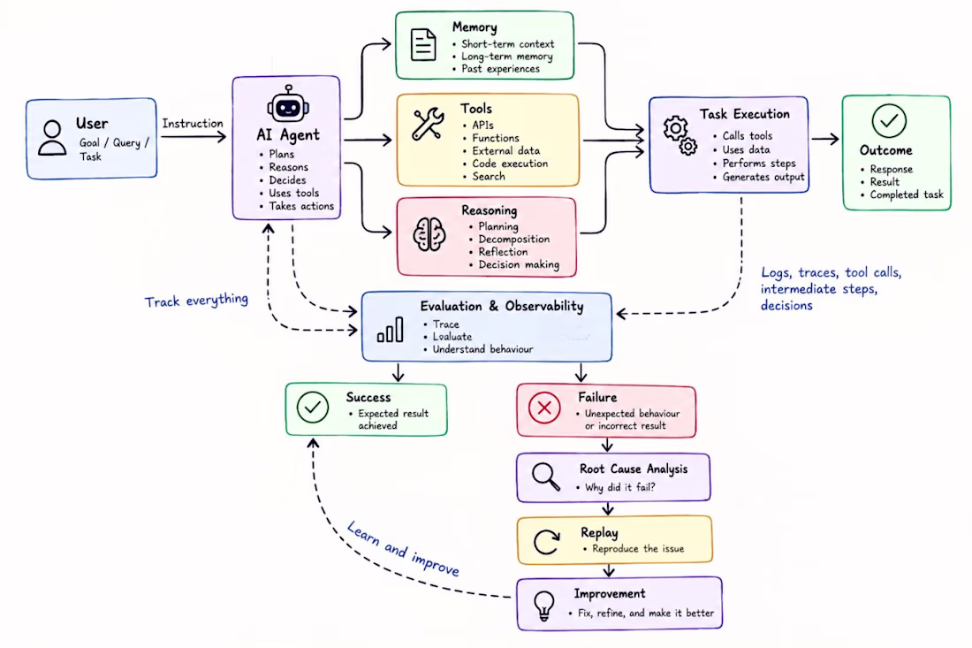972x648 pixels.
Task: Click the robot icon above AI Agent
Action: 288,104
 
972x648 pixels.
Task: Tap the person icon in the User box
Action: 52,138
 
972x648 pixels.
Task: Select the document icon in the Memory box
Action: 422,45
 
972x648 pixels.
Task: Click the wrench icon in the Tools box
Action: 428,124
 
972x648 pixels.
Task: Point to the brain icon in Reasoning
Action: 429,234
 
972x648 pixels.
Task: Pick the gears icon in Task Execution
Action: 680,135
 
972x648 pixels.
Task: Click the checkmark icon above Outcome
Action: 889,121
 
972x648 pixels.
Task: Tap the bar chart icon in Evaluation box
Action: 391,330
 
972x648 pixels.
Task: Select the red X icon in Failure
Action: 544,408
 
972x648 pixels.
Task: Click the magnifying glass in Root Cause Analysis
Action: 545,476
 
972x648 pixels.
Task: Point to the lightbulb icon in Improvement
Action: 543,606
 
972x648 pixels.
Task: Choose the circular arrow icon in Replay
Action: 547,541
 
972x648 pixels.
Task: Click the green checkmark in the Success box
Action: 313,408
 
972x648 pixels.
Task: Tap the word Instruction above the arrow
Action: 192,124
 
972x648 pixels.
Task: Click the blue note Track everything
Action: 196,301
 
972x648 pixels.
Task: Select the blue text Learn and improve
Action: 403,548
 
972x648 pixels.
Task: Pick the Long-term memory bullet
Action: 503,57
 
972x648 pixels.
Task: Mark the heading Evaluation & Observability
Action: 502,307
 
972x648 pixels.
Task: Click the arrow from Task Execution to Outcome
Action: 825,140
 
